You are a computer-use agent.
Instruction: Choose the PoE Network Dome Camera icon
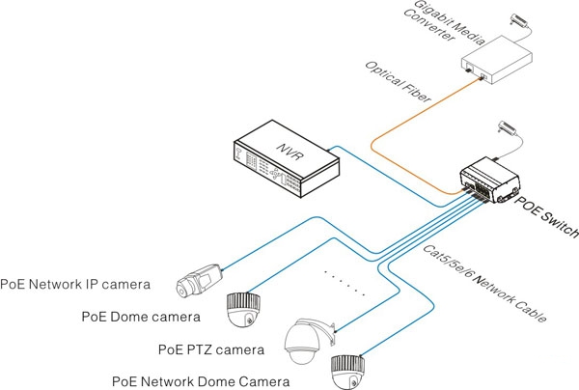pos(348,370)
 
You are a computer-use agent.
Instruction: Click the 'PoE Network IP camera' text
pos(75,285)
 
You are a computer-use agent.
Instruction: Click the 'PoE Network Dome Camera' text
pos(198,381)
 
